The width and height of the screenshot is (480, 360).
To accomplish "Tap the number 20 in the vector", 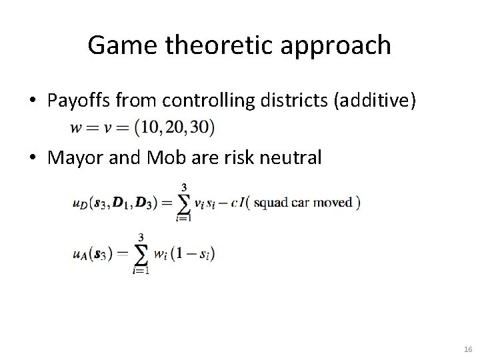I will click(x=178, y=127).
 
